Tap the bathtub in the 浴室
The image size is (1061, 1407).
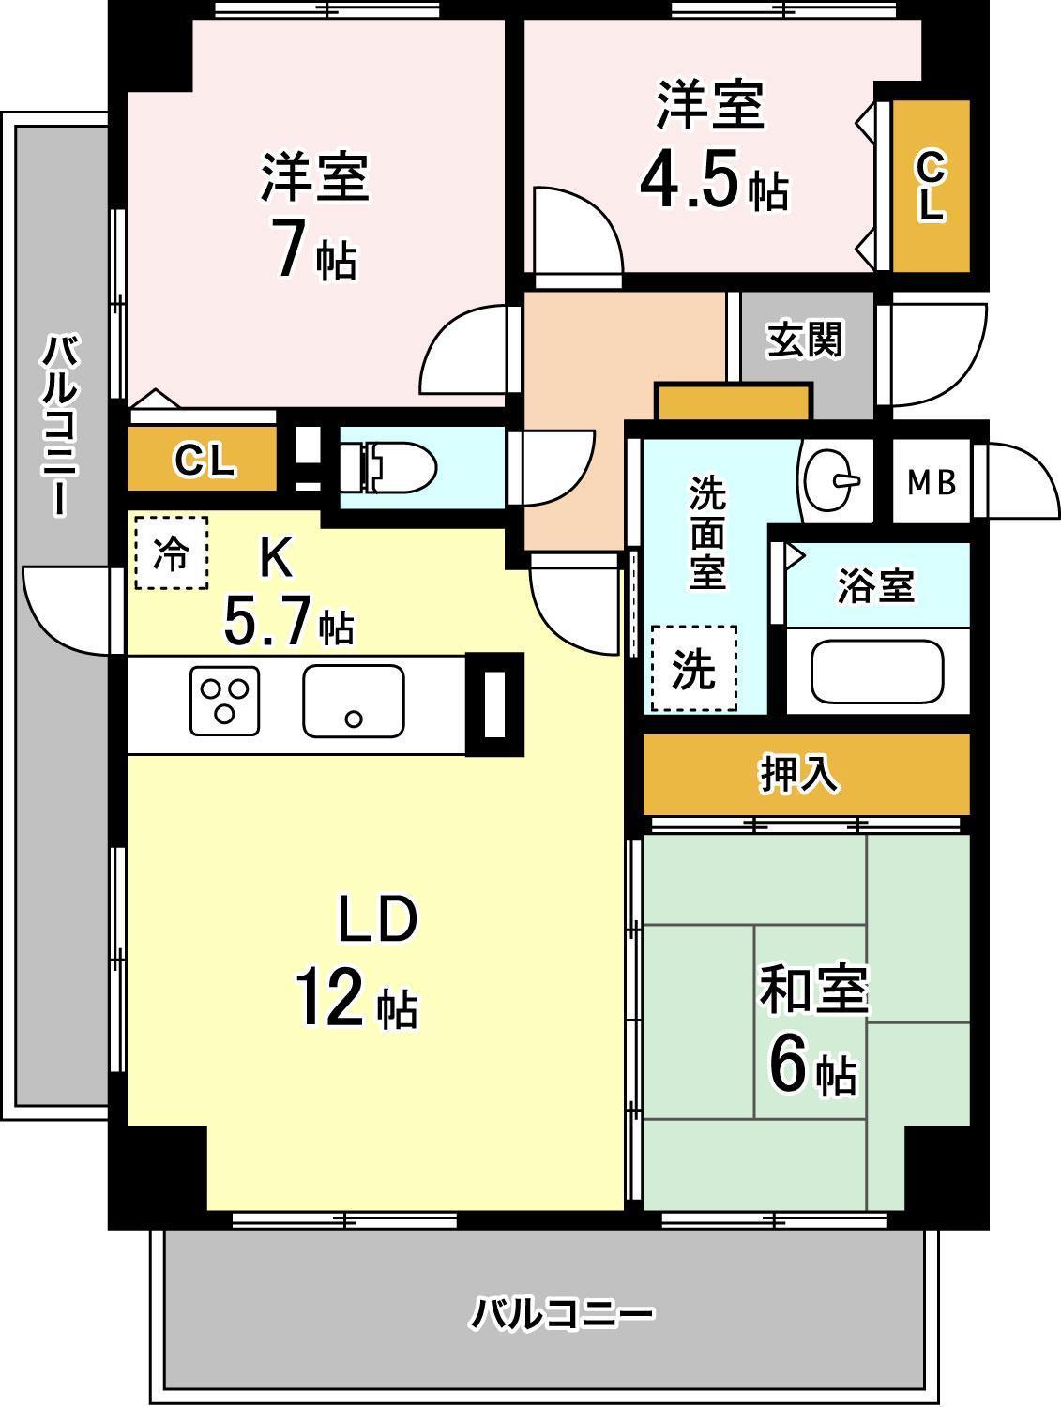876,672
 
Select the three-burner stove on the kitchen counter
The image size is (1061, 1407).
224,700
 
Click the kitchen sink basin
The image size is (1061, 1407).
353,700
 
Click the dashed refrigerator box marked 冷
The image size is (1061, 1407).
171,553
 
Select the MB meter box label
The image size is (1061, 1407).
931,482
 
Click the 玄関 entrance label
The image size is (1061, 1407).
804,340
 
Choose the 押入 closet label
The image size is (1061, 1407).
798,775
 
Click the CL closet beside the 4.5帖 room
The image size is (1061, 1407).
930,187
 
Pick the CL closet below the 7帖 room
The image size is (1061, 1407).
203,461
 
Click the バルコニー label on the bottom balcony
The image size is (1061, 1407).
560,1314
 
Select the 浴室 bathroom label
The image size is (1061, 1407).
874,586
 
